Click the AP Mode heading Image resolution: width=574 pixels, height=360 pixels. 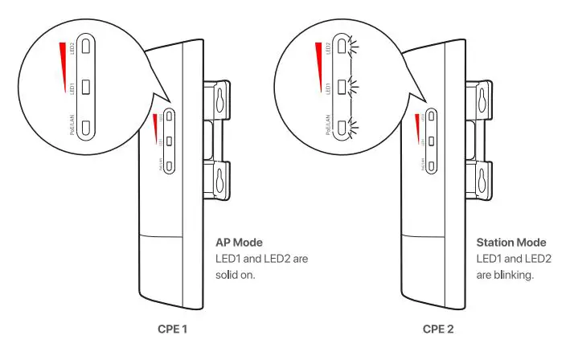(x=240, y=242)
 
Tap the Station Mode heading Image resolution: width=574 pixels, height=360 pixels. (x=511, y=242)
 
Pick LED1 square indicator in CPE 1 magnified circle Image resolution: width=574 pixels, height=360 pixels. (x=89, y=84)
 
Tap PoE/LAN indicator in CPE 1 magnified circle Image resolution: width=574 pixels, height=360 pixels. (x=89, y=125)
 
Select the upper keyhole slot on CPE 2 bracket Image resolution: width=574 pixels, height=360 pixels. (x=481, y=100)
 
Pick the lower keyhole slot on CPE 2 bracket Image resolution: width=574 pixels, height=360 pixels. (x=481, y=182)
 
